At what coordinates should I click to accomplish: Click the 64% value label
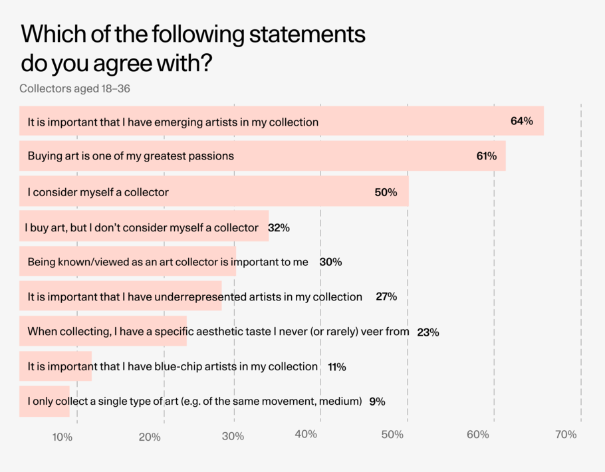[521, 122]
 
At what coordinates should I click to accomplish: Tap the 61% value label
[486, 157]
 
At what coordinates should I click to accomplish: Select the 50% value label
[386, 192]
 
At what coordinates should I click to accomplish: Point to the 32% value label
[279, 227]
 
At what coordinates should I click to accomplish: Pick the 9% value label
[377, 402]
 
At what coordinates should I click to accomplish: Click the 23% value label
[427, 332]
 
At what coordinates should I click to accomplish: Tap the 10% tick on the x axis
[62, 437]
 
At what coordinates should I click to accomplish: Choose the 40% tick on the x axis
[305, 435]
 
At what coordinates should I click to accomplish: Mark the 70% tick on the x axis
[565, 435]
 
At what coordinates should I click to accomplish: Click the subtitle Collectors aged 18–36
[74, 88]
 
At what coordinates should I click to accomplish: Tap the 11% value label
[336, 367]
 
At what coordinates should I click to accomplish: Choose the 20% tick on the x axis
[150, 437]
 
